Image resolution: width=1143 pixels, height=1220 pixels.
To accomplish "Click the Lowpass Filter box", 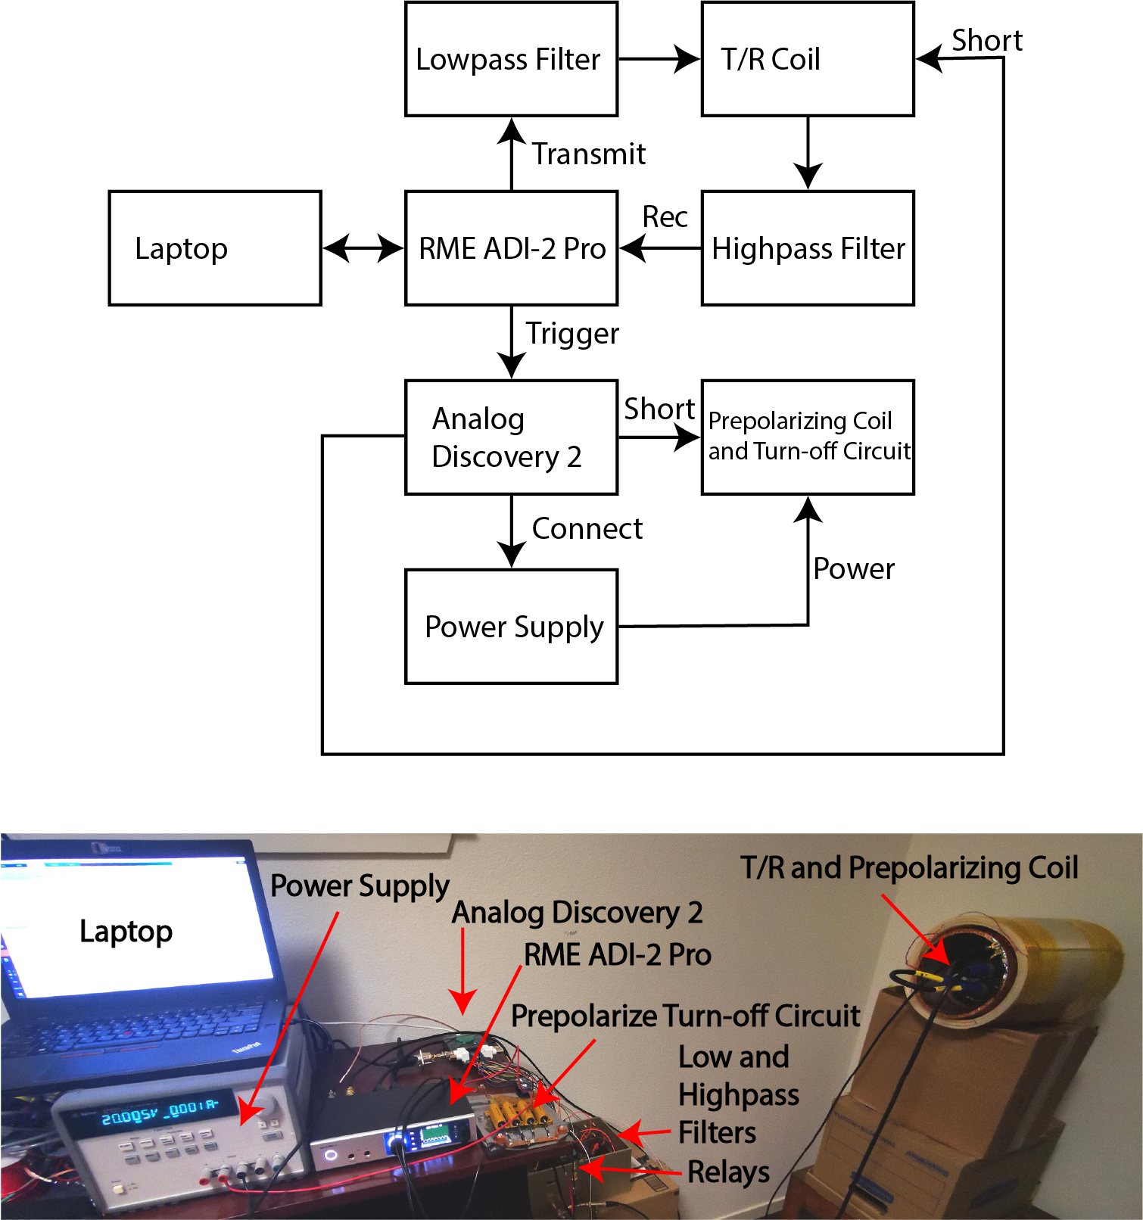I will [x=511, y=59].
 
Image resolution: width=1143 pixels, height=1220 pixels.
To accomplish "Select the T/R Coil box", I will [x=808, y=59].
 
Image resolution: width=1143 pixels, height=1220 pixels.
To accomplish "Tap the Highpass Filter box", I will [x=808, y=248].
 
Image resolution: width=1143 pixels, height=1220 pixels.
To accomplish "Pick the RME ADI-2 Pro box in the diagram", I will [x=511, y=248].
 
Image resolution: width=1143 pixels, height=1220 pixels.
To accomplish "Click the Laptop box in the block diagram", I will [x=215, y=248].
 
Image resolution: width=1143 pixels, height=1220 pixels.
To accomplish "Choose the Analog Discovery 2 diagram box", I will [x=511, y=437].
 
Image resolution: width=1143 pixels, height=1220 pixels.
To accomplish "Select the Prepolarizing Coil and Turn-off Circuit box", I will [x=808, y=437].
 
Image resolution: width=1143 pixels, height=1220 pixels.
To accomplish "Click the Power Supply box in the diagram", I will [x=511, y=627].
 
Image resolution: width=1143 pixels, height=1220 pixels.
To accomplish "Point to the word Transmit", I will [x=588, y=154].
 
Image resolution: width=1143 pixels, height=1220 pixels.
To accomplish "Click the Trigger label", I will [x=572, y=334].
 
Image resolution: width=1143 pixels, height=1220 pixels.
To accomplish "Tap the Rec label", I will [x=665, y=217].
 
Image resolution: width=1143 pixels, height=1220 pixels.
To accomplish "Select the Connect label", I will [x=587, y=529].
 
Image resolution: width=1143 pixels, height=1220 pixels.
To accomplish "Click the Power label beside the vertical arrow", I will [x=853, y=569].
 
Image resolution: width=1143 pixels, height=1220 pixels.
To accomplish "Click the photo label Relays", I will [x=728, y=1172].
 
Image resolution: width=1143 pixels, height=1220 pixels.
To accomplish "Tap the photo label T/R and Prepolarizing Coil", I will [x=909, y=868].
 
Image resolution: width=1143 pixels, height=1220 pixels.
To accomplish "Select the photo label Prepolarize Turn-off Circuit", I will [x=685, y=1016].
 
